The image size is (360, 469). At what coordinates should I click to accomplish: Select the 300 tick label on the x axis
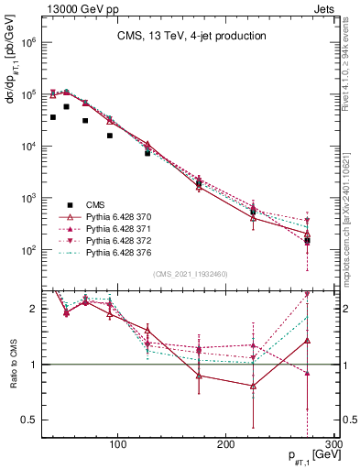tap(333, 445)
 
